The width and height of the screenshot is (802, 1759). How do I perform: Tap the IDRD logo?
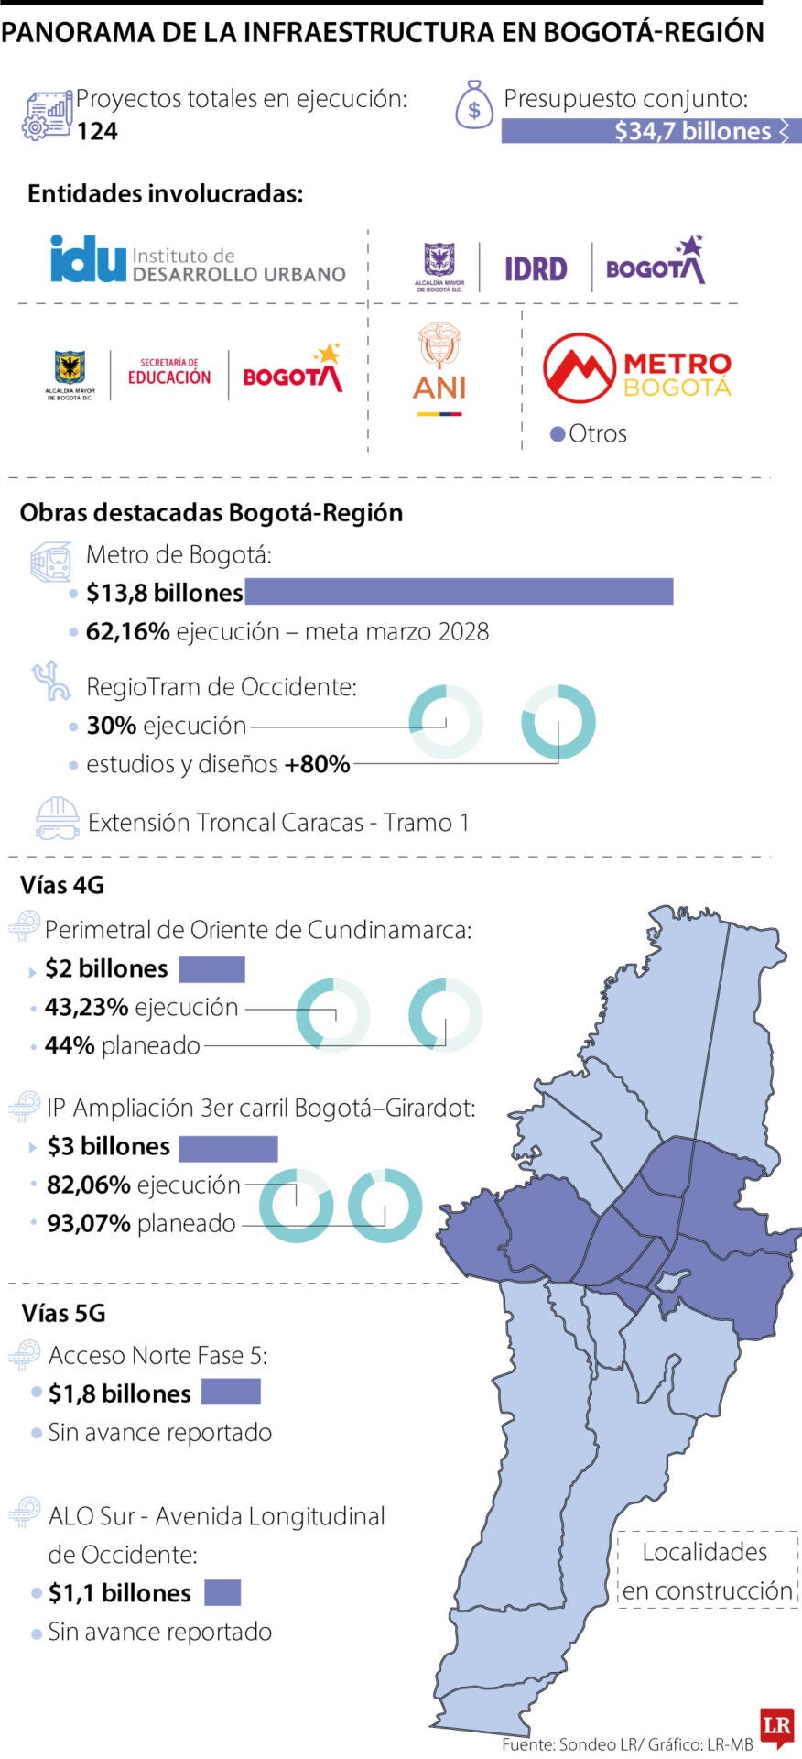tap(536, 268)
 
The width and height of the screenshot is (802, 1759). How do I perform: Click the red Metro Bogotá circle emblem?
tap(579, 368)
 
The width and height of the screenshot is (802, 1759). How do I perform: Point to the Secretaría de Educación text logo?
tap(169, 372)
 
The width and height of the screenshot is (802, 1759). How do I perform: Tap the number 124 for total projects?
tap(97, 132)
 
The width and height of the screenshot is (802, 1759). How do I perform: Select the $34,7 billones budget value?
tap(692, 131)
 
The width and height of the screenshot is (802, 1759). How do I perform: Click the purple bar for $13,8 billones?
tap(459, 592)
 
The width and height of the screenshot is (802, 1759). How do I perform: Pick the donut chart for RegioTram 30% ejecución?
tap(446, 721)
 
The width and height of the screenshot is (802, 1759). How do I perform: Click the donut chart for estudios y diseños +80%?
tap(558, 721)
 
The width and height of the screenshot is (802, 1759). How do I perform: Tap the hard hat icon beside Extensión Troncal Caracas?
tap(57, 818)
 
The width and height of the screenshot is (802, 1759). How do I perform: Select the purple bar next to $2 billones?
tap(211, 969)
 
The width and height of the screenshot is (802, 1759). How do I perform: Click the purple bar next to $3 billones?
tap(228, 1148)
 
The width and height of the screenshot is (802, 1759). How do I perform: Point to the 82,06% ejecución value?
tap(89, 1185)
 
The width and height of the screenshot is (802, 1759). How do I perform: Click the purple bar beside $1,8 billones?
tap(231, 1393)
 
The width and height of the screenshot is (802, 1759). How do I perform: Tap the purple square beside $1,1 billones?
tap(222, 1592)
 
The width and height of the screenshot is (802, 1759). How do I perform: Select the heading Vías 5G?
tap(64, 1313)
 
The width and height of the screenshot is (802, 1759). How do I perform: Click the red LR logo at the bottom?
tap(776, 1726)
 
